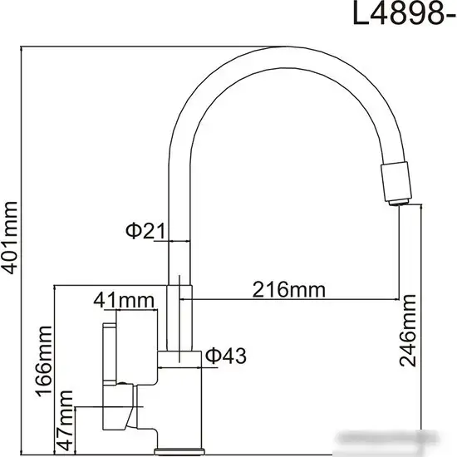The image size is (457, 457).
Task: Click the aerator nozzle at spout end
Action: (397, 182)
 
